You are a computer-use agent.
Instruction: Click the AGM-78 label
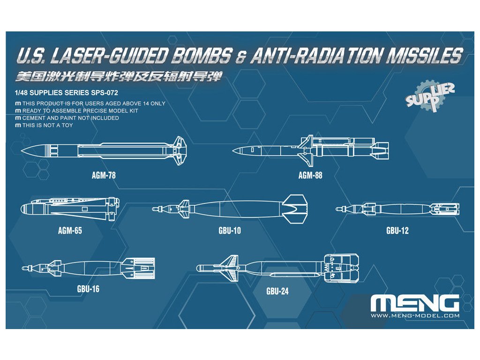click(x=104, y=176)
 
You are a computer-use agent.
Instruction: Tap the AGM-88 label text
click(x=310, y=176)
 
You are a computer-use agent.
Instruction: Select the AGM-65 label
click(x=70, y=231)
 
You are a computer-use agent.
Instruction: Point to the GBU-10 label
click(x=230, y=231)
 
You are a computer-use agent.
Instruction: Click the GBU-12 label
click(x=397, y=231)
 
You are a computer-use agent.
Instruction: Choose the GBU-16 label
click(x=88, y=289)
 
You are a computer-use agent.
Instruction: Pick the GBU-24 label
click(x=277, y=291)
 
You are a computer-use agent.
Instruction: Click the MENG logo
click(x=414, y=304)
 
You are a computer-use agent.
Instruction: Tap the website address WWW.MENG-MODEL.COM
click(x=415, y=316)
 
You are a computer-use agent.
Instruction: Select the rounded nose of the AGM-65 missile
click(x=23, y=209)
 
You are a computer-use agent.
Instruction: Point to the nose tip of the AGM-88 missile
click(x=233, y=150)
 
